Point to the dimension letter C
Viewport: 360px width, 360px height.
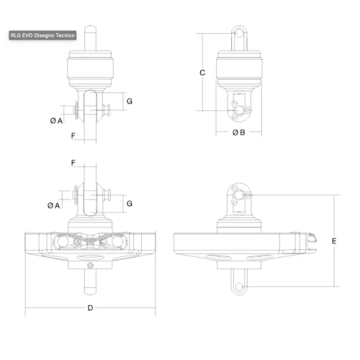pos(202,73)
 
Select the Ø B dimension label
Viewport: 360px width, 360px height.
pos(239,132)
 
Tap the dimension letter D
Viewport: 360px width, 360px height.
pos(90,308)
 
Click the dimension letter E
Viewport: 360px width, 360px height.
pos(334,241)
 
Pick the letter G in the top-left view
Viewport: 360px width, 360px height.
pos(129,102)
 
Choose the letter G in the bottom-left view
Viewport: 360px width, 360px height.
pos(129,204)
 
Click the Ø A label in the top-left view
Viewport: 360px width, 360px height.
pos(55,120)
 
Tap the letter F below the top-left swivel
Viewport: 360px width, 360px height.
pos(73,135)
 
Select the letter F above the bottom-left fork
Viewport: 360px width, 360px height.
pos(73,163)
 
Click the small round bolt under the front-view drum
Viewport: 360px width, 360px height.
pos(90,266)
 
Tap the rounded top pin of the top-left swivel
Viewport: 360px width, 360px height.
pos(90,36)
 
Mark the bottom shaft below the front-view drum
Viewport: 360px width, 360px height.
pos(90,282)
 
